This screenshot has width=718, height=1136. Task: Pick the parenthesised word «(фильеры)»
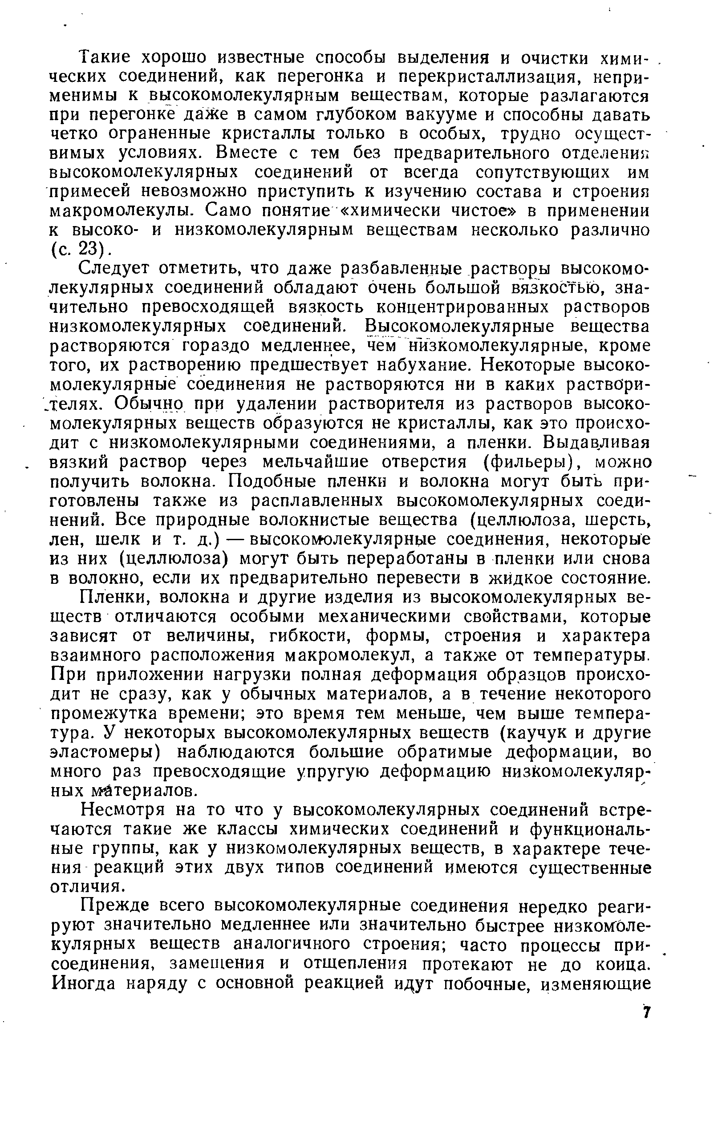[x=529, y=461]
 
